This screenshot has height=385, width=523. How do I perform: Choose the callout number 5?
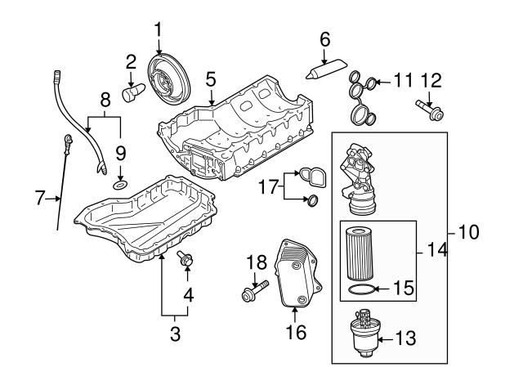pyautogui.click(x=210, y=79)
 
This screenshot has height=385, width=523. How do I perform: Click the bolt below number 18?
pyautogui.click(x=254, y=292)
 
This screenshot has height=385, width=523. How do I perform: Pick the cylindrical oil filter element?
pyautogui.click(x=359, y=253)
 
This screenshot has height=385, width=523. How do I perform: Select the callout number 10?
pyautogui.click(x=467, y=232)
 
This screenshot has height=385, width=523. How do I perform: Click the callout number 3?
pyautogui.click(x=174, y=333)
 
